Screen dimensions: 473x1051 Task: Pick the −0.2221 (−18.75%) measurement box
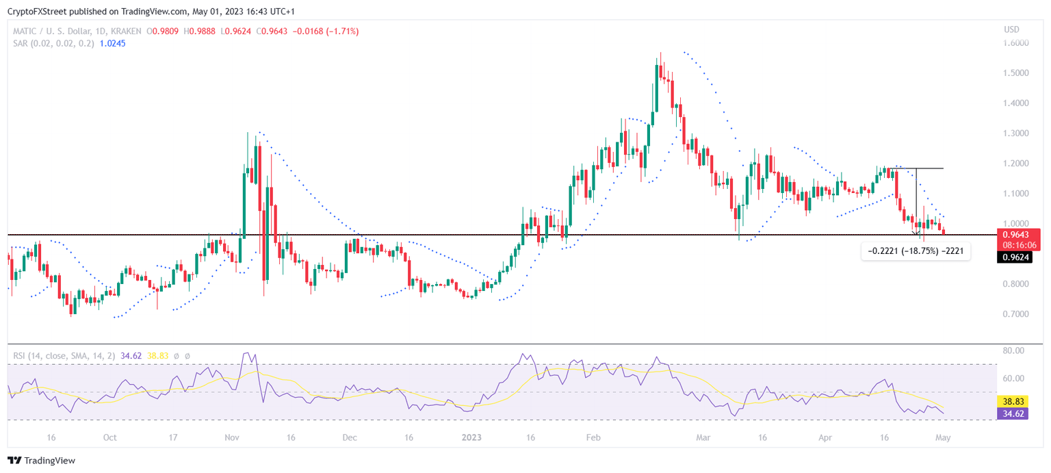tap(916, 251)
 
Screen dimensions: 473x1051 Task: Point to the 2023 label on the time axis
tap(471, 437)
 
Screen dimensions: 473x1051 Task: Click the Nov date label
tap(231, 437)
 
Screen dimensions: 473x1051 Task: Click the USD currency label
tap(1012, 29)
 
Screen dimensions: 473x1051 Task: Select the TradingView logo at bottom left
tap(42, 461)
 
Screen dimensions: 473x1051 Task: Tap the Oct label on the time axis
tap(109, 437)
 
